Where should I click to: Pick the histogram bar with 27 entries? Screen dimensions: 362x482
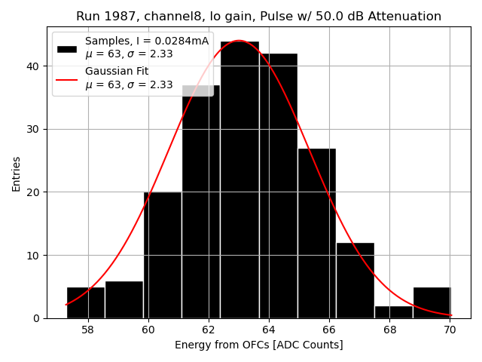(316, 233)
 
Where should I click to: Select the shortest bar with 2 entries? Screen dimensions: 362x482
(393, 311)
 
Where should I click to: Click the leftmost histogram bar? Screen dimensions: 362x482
(86, 302)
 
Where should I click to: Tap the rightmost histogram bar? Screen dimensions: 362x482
(432, 302)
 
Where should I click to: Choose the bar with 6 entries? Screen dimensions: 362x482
(124, 299)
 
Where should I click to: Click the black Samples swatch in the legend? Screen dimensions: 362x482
(67, 48)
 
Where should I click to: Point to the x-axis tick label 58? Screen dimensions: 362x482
(87, 330)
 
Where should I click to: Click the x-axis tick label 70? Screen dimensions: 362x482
(450, 330)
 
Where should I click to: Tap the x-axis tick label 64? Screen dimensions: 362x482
(269, 330)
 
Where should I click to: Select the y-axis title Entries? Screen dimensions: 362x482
(17, 173)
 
